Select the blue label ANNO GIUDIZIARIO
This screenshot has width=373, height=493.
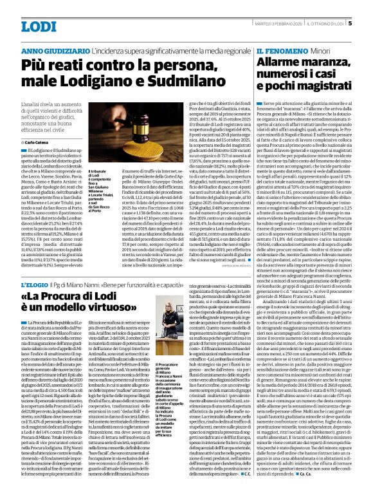[53, 50]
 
